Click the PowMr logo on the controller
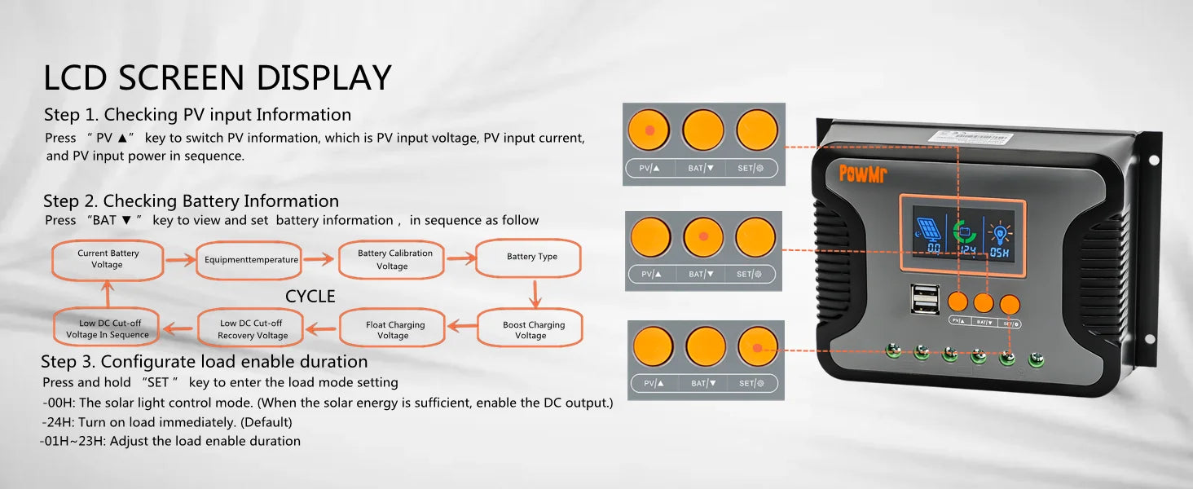[864, 173]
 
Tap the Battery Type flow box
[531, 257]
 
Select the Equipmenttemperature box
[252, 260]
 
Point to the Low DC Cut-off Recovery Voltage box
[253, 329]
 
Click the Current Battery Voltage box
[108, 259]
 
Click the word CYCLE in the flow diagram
[310, 296]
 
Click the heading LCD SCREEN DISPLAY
[218, 77]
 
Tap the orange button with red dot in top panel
[649, 130]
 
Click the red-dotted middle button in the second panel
[703, 237]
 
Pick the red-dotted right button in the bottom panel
[757, 347]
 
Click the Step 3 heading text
[205, 361]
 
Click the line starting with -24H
[167, 422]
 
